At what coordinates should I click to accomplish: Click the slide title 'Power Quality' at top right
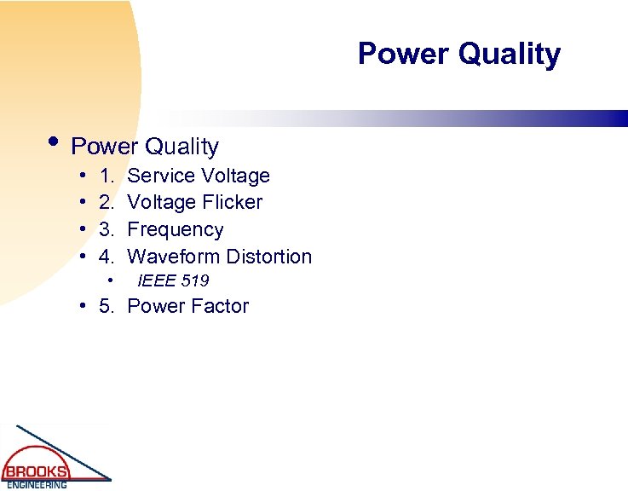coord(458,54)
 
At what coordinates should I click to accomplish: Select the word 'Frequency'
coord(175,230)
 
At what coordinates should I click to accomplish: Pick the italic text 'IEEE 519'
coord(173,280)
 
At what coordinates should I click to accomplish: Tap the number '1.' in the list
coord(107,176)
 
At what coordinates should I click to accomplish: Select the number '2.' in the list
coord(107,202)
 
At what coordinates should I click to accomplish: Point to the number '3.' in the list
coord(107,229)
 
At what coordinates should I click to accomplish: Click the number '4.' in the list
coord(107,257)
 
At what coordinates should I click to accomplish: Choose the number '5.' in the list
coord(107,307)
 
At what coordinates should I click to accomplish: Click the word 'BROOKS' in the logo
coord(36,471)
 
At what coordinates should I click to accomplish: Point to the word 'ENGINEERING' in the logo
coord(36,485)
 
